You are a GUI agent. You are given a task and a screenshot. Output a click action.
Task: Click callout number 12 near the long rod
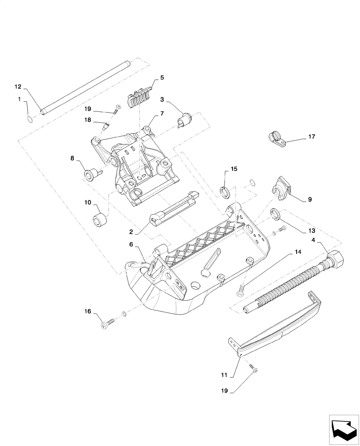tap(17, 86)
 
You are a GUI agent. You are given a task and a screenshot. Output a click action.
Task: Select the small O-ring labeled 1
tap(29, 119)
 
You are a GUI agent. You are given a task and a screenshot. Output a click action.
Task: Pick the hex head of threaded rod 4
tap(337, 260)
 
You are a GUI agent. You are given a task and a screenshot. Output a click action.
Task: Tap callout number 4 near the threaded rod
tap(314, 240)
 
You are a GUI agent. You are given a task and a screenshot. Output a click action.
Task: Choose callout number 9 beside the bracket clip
tap(310, 200)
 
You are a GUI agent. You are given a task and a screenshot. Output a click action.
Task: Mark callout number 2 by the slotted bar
tap(131, 232)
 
